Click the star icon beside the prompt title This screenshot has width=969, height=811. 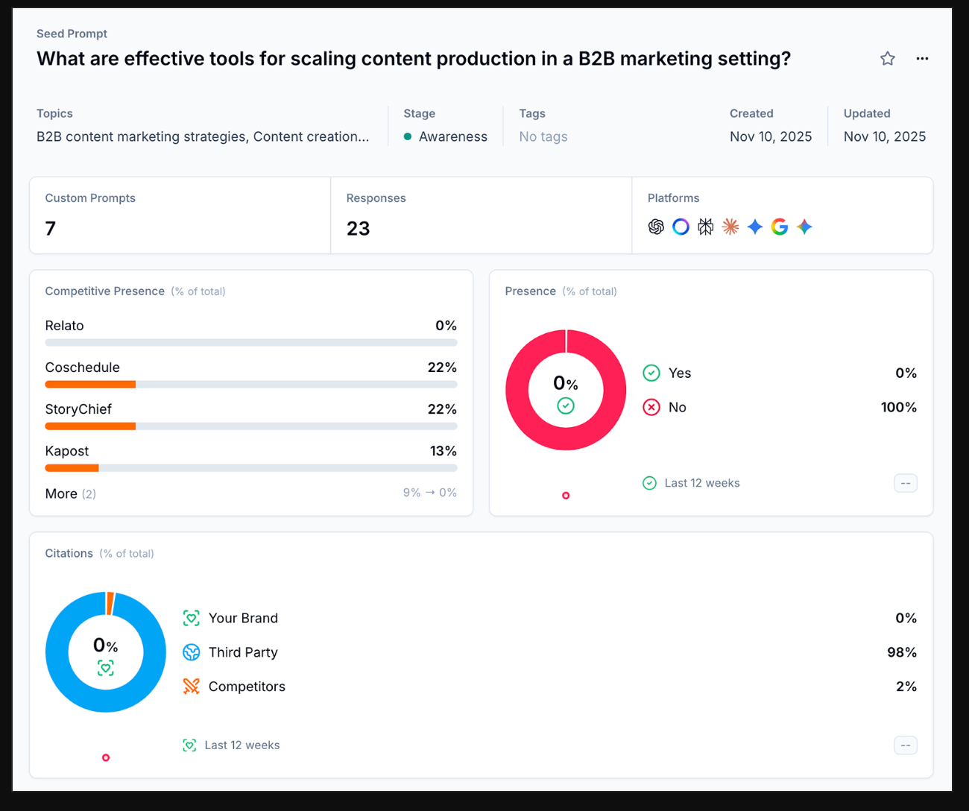click(887, 59)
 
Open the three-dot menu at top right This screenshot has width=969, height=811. click(922, 59)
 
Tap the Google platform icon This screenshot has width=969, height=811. click(780, 227)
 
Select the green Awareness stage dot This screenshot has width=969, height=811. click(408, 137)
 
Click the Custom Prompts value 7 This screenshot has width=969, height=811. click(51, 228)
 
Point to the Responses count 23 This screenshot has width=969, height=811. click(358, 228)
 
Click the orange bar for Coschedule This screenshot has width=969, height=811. click(90, 385)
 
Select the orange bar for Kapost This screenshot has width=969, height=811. click(72, 468)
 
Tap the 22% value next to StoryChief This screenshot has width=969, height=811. click(442, 409)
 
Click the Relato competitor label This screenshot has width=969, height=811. click(64, 326)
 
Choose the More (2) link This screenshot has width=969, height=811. click(70, 493)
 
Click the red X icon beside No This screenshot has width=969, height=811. click(651, 408)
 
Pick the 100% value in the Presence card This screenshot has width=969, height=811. click(898, 408)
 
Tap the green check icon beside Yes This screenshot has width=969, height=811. click(651, 373)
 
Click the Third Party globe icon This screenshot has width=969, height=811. click(192, 652)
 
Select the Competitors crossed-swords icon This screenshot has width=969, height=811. click(192, 687)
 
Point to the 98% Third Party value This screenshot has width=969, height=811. click(901, 652)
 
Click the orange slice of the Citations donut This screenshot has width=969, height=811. click(110, 603)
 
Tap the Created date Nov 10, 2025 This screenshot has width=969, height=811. click(770, 137)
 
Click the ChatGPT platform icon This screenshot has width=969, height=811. click(656, 227)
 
